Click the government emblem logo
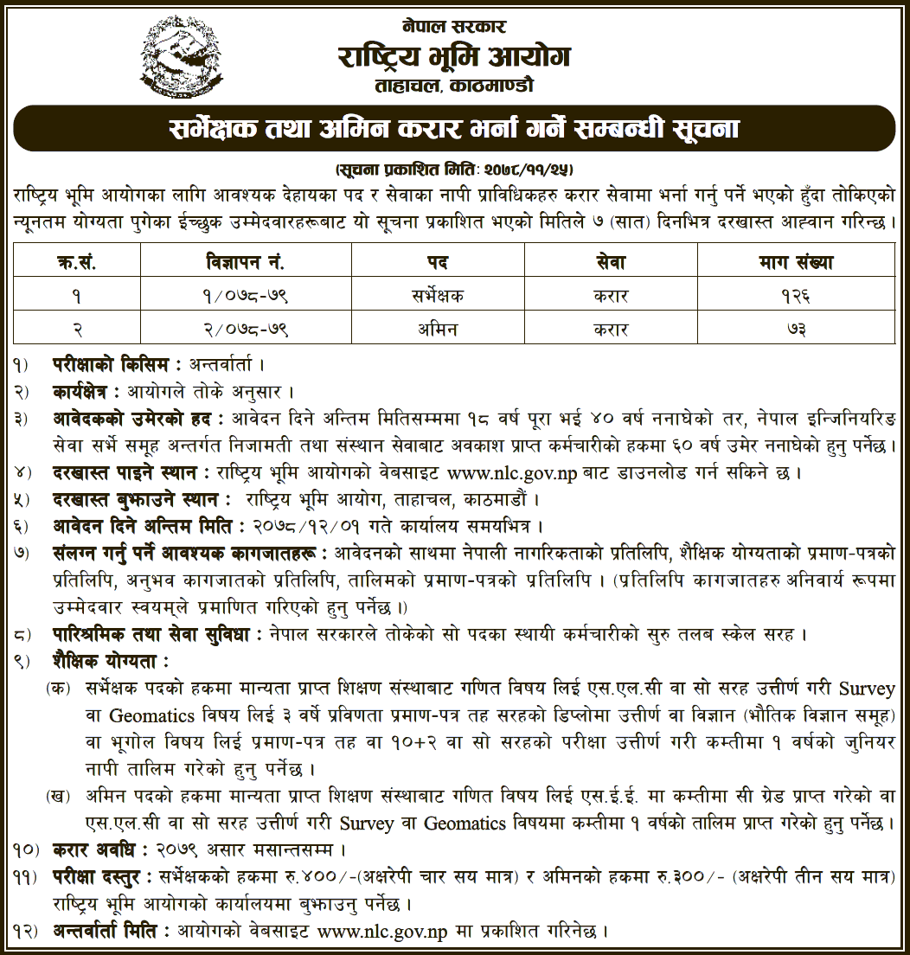tap(181, 56)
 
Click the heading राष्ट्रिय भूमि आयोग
tap(454, 58)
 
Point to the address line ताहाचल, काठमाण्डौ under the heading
tap(454, 87)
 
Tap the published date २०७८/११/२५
tap(529, 165)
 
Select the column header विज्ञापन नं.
tap(246, 261)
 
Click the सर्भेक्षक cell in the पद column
tap(437, 296)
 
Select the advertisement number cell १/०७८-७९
tap(246, 296)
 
